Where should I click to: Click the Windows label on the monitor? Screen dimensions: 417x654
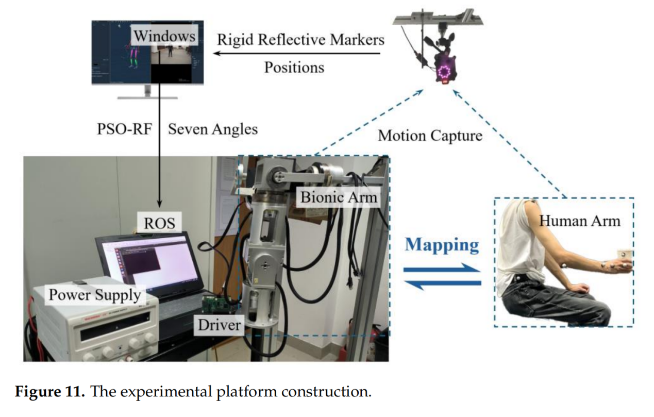(x=163, y=37)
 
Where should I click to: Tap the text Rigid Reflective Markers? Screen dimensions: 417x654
(x=300, y=39)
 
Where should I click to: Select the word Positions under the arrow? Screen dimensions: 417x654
(x=294, y=67)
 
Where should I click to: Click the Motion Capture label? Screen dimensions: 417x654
(x=430, y=136)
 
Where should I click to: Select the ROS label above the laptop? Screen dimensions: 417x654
(x=159, y=223)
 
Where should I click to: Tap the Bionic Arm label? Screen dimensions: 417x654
(x=339, y=196)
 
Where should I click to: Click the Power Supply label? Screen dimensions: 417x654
(x=94, y=295)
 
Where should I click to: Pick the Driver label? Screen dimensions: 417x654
(x=220, y=325)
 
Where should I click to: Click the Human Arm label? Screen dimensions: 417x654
(x=580, y=221)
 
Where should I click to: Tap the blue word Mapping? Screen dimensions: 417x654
(x=442, y=244)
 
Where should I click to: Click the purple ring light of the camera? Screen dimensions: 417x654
(x=444, y=71)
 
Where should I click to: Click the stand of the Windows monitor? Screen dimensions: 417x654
(x=147, y=93)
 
